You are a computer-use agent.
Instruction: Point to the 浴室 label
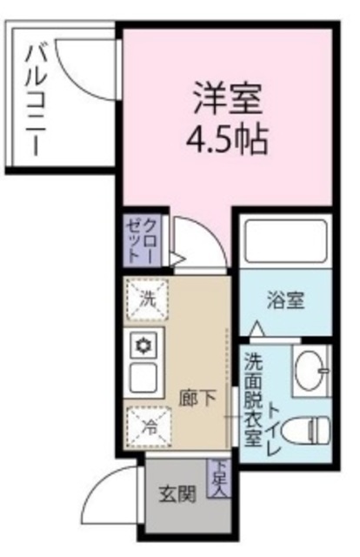[x=283, y=301]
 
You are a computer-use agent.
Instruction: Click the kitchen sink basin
[x=142, y=377]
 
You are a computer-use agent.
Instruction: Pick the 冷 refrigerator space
[x=149, y=426]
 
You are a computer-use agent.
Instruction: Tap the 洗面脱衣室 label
[x=253, y=399]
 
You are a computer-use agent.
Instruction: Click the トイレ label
[x=275, y=427]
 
